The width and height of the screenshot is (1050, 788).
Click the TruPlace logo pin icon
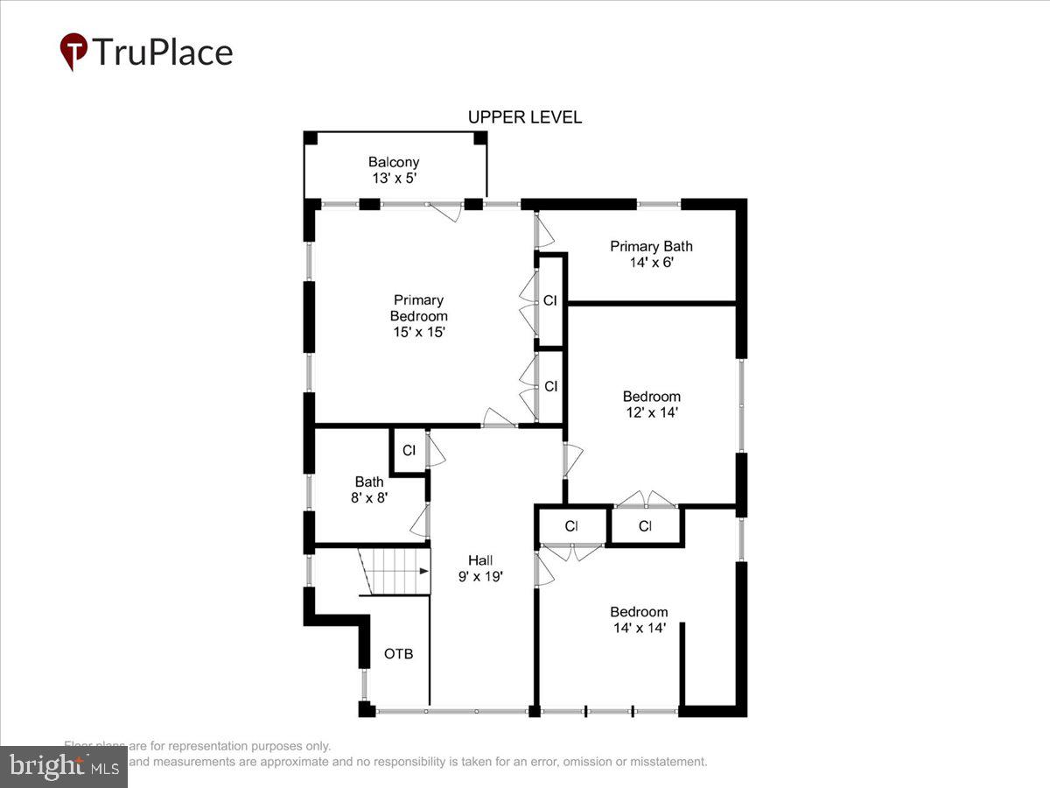coord(73,52)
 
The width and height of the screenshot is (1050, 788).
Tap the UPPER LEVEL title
coord(524,117)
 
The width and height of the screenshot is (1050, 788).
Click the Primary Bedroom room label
coord(418,316)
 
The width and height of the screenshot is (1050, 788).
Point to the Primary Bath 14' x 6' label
coord(651,254)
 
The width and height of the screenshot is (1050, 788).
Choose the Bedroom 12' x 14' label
coord(651,404)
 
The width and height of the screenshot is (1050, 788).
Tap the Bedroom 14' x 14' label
coord(639,620)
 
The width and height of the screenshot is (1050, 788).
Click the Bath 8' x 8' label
coord(369,489)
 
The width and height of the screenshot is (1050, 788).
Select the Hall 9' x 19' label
coord(479,568)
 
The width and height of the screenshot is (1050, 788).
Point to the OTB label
coord(398,654)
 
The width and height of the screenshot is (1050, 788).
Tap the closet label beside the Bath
coord(409,451)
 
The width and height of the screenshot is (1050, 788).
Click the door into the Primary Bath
coord(544,231)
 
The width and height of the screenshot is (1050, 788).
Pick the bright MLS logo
coord(64,767)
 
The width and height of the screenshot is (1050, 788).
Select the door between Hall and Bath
coord(420,522)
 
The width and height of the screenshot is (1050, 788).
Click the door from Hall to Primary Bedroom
coord(500,418)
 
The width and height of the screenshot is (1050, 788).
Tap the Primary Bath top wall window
coord(658,204)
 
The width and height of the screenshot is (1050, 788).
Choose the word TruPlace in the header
coord(163,52)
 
